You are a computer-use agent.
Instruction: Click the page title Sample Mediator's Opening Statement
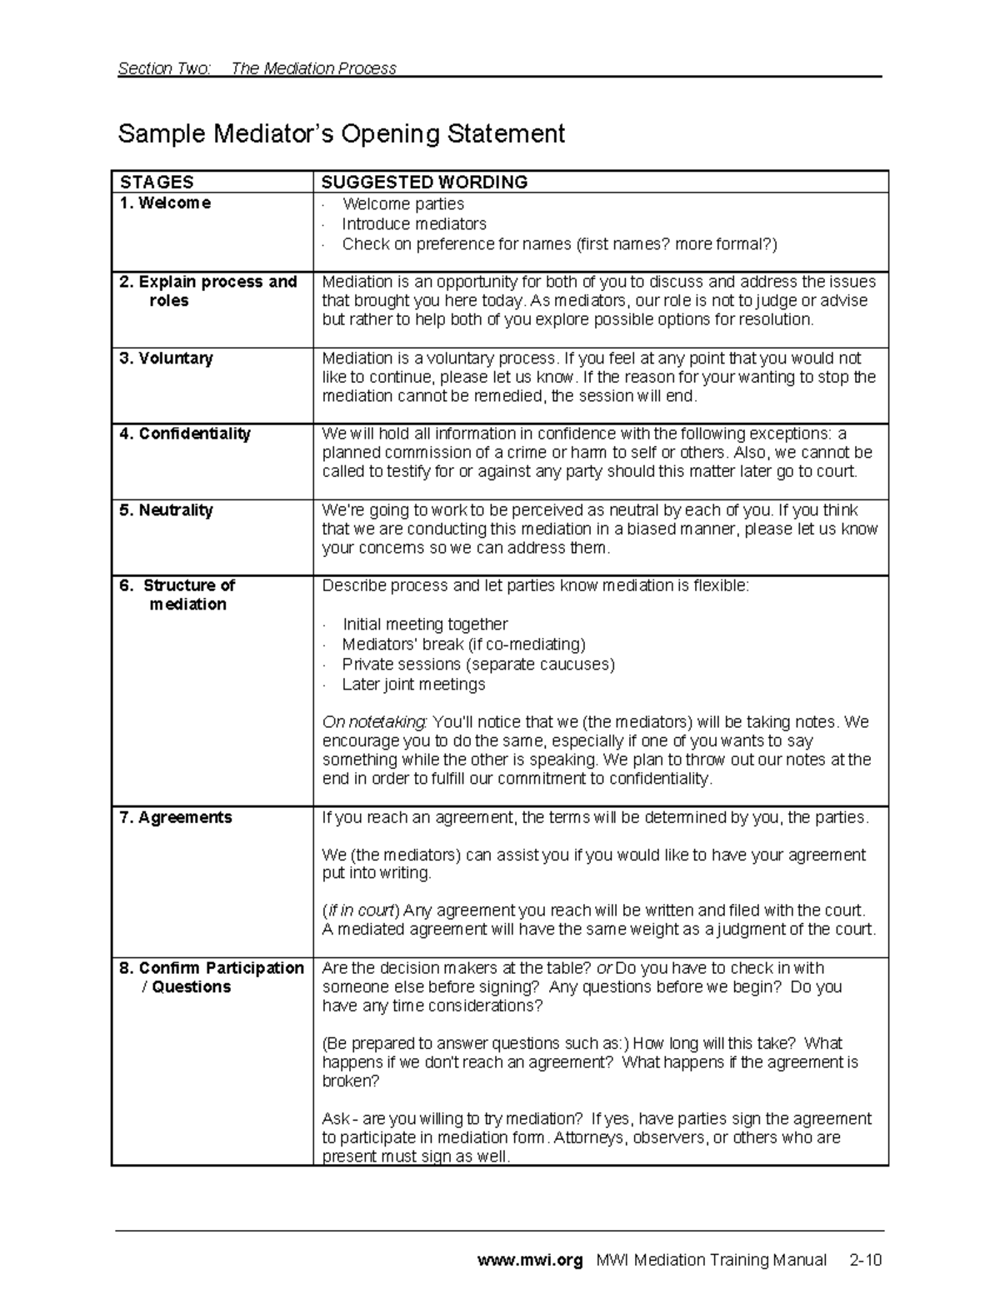341,133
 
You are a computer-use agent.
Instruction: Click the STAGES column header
157,182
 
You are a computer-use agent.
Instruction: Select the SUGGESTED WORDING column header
424,182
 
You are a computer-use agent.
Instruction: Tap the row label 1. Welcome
165,203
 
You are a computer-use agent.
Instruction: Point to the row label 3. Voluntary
166,359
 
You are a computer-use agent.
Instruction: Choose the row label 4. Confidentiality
184,434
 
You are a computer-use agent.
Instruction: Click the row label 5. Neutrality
166,510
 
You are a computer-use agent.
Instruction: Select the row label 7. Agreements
175,818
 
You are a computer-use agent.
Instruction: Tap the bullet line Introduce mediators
413,224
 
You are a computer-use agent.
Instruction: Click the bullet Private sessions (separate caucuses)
477,665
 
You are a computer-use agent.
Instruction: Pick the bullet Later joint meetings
412,685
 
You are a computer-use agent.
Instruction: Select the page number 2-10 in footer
865,1260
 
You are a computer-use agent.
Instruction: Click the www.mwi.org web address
529,1260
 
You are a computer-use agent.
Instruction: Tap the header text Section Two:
164,68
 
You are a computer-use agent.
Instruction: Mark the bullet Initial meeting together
424,625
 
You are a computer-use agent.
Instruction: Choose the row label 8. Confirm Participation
212,968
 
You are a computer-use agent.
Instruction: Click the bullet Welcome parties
402,204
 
